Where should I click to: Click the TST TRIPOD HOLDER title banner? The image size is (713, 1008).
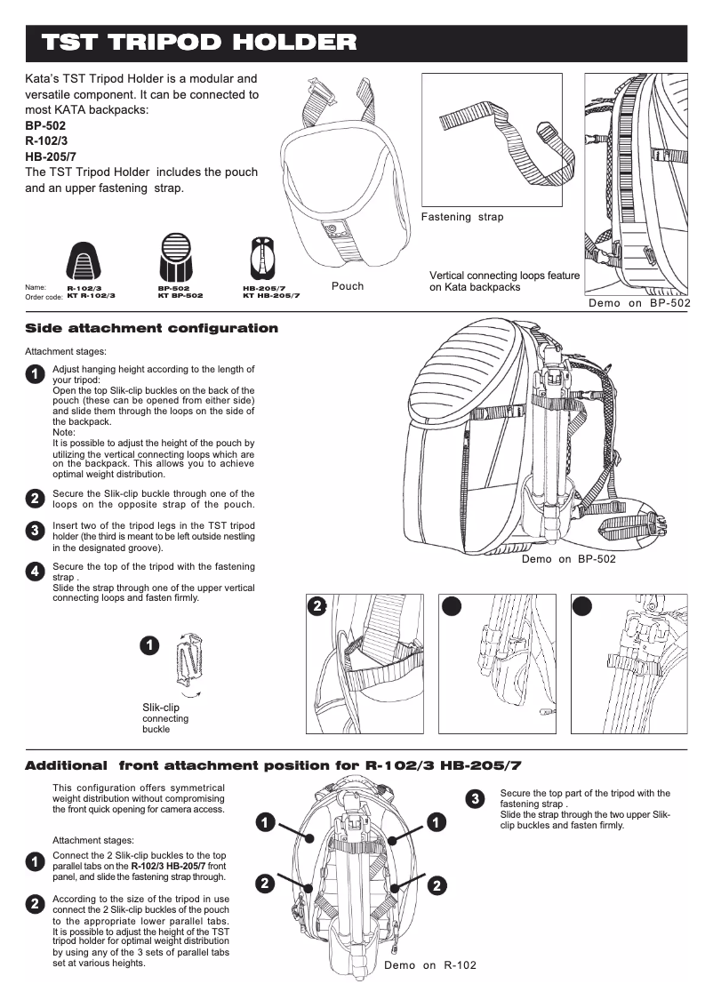200,43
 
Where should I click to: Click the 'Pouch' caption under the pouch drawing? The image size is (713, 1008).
348,286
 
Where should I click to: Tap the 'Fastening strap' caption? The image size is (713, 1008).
461,217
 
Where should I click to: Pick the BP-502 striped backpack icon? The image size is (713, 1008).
175,258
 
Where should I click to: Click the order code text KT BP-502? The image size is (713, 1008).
180,295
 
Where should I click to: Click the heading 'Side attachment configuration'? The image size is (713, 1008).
151,329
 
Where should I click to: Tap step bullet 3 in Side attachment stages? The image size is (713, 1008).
33,531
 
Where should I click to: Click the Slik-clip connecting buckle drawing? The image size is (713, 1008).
190,665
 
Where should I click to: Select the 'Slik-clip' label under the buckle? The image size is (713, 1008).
161,708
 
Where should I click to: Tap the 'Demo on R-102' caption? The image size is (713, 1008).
429,965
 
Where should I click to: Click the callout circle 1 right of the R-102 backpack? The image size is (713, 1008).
437,823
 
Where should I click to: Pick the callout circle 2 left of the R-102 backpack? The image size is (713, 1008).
264,884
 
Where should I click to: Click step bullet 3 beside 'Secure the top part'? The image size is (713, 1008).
476,798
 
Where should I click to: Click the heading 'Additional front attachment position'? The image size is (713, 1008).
273,765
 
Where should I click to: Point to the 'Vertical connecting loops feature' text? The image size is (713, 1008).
504,276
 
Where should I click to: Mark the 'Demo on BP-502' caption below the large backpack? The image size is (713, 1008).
568,559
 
